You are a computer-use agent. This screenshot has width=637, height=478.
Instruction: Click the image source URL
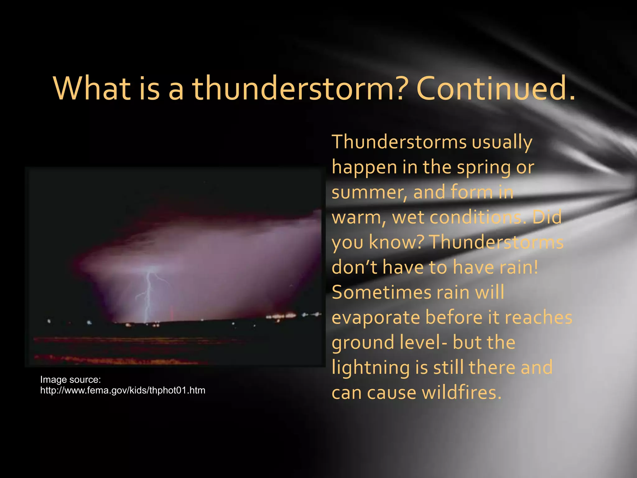point(123,390)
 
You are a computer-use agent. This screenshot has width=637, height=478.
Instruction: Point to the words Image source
point(71,380)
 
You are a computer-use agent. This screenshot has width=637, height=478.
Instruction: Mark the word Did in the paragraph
point(547,217)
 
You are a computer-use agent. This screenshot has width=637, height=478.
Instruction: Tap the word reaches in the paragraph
point(538,318)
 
